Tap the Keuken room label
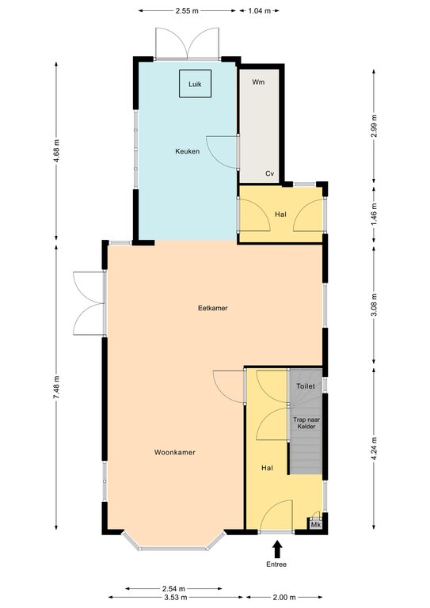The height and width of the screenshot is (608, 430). (187, 151)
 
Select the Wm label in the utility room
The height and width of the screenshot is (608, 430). (258, 82)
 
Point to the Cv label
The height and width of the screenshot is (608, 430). (269, 173)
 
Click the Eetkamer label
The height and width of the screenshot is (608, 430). (213, 308)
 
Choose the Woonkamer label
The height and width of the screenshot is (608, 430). (175, 452)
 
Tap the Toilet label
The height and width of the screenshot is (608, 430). (306, 386)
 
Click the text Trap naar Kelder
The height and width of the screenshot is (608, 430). (306, 423)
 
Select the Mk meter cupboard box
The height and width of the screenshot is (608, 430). (316, 525)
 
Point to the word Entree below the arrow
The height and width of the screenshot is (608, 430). (276, 564)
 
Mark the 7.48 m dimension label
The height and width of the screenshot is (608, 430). (56, 387)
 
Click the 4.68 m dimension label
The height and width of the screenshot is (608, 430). (56, 151)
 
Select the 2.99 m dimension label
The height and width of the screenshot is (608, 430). (374, 126)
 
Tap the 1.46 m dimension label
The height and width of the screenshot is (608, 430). (374, 215)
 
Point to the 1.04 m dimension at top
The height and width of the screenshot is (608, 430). (260, 11)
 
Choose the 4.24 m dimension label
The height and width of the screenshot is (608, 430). (374, 449)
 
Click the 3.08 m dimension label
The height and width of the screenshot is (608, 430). (374, 305)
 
